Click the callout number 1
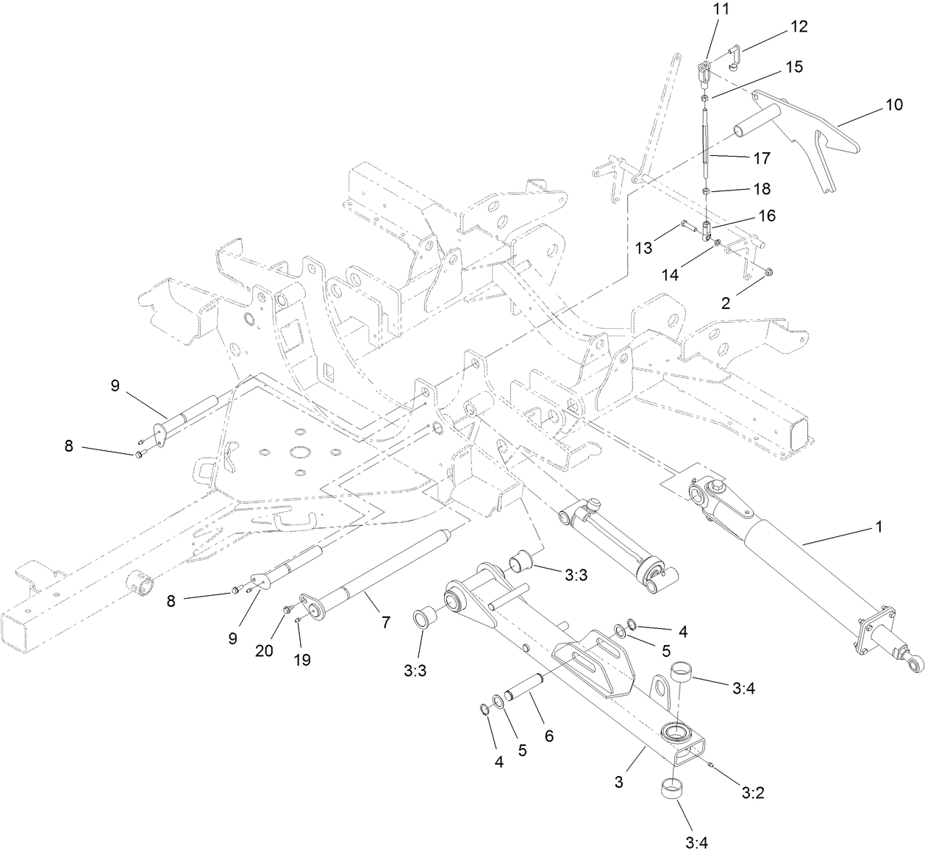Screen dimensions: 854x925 click(878, 527)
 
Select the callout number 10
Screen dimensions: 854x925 click(893, 104)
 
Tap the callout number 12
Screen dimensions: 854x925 click(799, 26)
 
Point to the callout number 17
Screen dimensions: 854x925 click(761, 157)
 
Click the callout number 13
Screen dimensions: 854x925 click(643, 248)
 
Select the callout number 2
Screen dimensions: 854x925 click(725, 302)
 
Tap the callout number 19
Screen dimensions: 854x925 click(302, 660)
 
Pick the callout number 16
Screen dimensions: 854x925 click(766, 216)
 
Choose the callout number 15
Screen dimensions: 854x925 click(793, 67)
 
